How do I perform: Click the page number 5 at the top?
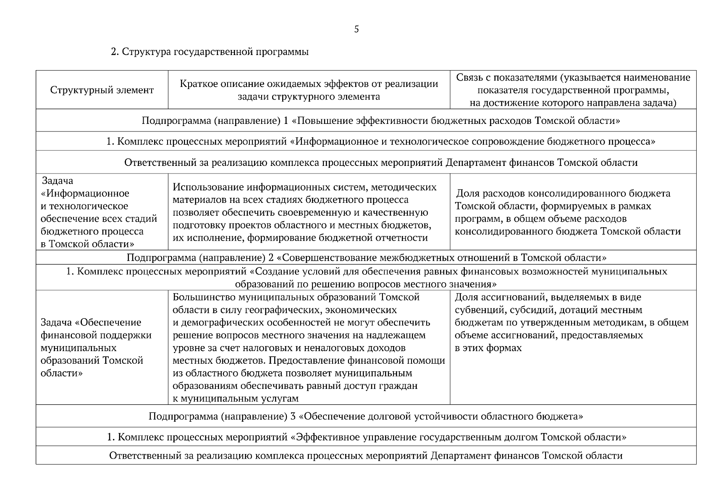(x=356, y=29)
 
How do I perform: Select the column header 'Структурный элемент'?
(x=102, y=90)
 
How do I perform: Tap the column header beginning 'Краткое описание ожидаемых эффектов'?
(x=309, y=90)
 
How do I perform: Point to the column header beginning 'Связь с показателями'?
(x=573, y=90)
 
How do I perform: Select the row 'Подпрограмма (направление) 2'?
(x=366, y=257)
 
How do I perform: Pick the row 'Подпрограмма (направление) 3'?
(x=366, y=416)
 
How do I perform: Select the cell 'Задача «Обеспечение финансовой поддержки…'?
(x=96, y=348)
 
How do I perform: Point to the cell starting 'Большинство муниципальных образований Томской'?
(x=309, y=348)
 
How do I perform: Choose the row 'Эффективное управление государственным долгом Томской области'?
(x=366, y=437)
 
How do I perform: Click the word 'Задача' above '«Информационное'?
(x=58, y=181)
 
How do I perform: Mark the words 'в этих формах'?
(x=488, y=348)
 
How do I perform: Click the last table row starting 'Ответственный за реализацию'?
(x=366, y=456)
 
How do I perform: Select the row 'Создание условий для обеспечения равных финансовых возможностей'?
(x=366, y=278)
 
